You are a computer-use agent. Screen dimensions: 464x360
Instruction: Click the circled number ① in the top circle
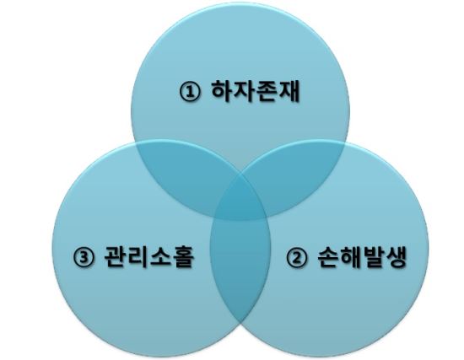tap(190, 91)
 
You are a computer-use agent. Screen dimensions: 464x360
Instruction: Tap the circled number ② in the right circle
tap(296, 257)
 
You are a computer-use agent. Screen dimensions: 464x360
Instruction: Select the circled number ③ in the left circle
tap(84, 257)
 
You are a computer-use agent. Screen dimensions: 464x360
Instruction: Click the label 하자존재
tap(256, 91)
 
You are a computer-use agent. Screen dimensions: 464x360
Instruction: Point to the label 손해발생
tap(362, 256)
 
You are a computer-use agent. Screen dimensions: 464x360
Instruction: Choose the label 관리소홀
tap(149, 256)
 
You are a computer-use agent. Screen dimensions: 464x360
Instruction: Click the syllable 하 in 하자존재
tap(223, 91)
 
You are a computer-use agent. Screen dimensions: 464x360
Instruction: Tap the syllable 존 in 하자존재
tap(267, 91)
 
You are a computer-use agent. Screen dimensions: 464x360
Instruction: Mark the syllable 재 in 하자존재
tap(289, 91)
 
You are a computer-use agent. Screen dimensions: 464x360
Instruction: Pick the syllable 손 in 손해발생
tap(328, 256)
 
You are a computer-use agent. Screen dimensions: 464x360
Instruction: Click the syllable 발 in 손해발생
tap(374, 256)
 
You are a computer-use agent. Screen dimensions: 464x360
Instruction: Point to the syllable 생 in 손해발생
tap(396, 256)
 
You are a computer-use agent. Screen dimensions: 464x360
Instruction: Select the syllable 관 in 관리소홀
tap(116, 256)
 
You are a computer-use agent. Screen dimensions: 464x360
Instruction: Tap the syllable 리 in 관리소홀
tap(138, 256)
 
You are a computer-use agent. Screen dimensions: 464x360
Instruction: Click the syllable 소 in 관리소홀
tap(160, 256)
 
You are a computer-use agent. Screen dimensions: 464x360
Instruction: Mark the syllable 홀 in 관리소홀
tap(183, 256)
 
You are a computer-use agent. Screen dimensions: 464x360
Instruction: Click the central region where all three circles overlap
tap(240, 201)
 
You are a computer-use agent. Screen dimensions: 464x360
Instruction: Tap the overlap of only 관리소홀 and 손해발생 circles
tap(240, 266)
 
